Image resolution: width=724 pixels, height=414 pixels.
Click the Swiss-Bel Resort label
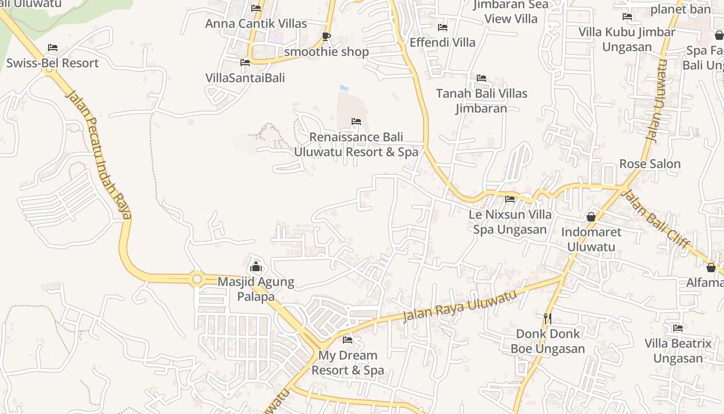click(x=52, y=63)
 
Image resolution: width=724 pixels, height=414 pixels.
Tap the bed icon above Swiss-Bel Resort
click(x=52, y=48)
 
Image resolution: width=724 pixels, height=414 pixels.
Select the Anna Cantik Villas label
click(x=256, y=23)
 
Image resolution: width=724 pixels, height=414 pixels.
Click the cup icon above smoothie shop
click(x=326, y=36)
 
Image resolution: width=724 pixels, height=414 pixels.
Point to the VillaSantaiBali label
click(x=245, y=78)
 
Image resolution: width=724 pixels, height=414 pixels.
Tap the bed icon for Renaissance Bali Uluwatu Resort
click(x=356, y=122)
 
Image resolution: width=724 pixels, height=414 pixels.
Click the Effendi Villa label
click(x=442, y=42)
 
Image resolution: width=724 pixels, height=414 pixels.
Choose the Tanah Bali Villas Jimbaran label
click(x=481, y=101)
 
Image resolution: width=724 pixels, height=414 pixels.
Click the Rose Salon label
click(x=650, y=164)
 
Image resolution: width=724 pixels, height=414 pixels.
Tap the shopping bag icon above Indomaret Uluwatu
click(x=591, y=217)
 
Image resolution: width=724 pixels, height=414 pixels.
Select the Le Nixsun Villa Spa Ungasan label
click(x=510, y=221)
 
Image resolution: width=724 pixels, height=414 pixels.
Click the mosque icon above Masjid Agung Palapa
click(x=255, y=267)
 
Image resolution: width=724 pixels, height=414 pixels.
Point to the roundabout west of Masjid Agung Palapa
click(x=197, y=279)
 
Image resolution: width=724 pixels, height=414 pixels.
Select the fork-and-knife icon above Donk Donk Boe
click(x=548, y=318)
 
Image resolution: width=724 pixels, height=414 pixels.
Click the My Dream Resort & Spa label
click(x=348, y=363)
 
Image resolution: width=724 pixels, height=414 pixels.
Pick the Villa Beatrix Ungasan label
click(x=677, y=351)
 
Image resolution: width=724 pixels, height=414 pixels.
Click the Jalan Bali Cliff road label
click(x=655, y=219)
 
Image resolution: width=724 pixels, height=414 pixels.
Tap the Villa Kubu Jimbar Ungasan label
click(x=627, y=39)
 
